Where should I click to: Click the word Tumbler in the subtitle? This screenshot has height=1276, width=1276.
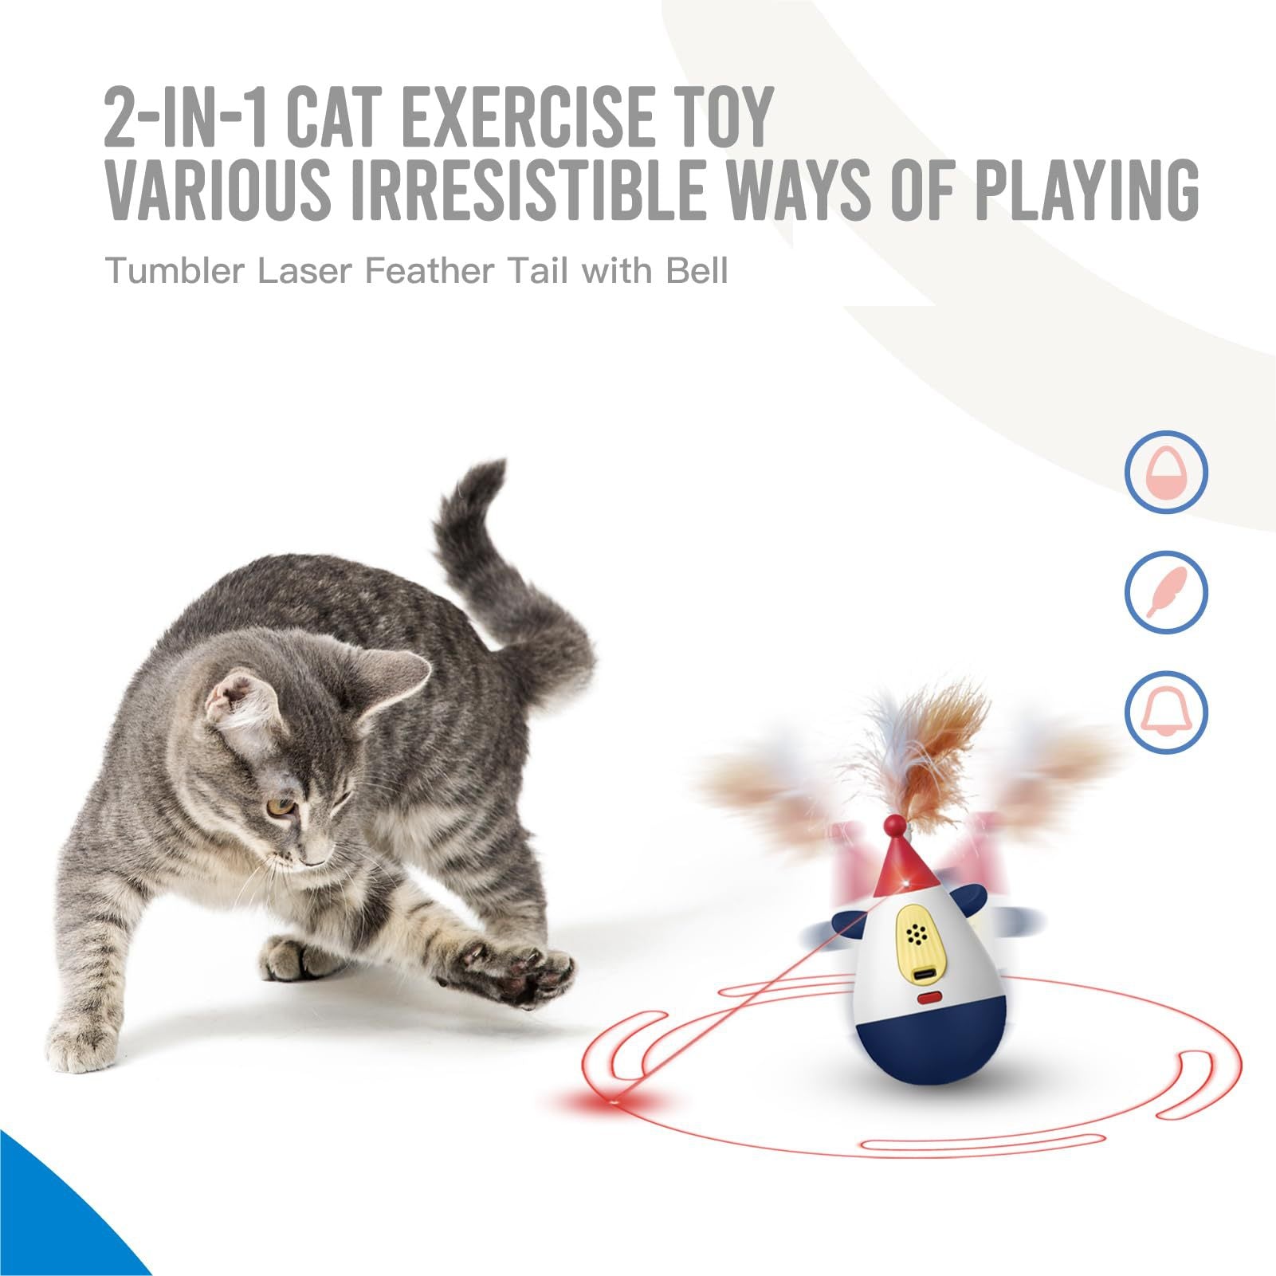coord(175,271)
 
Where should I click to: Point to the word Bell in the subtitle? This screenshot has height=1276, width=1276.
coord(697,271)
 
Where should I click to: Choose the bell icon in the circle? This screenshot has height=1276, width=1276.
coord(1166,712)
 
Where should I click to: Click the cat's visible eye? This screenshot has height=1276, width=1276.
coord(280,807)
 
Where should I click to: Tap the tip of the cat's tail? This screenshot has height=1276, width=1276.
coord(488,470)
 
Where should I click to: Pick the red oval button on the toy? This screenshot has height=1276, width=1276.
coord(929,997)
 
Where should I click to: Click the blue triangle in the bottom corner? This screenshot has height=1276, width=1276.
coord(48,1219)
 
